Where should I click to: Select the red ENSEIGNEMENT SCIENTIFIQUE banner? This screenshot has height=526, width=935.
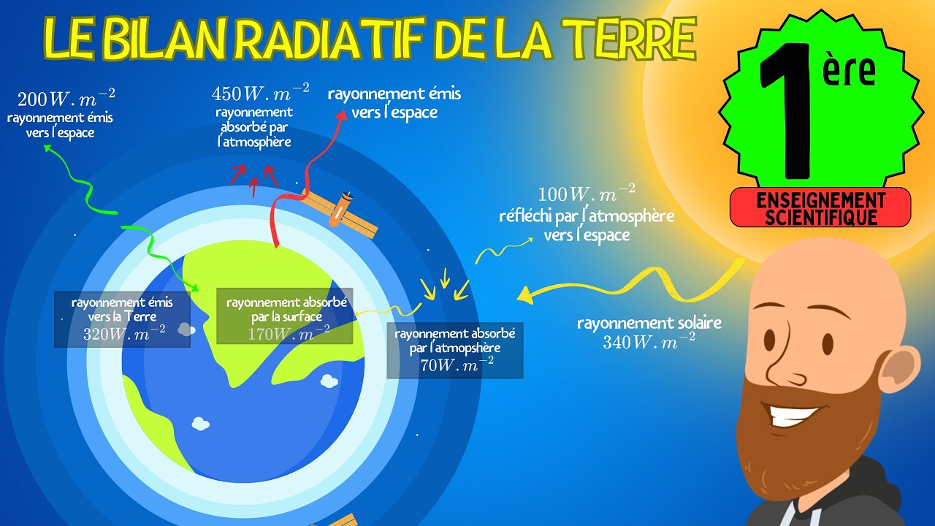pyautogui.click(x=820, y=207)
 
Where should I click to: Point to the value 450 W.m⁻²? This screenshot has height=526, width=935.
pyautogui.click(x=260, y=93)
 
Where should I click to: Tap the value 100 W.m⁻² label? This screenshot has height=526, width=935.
pyautogui.click(x=586, y=195)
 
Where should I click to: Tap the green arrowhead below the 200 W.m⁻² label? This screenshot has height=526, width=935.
pyautogui.click(x=48, y=149)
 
